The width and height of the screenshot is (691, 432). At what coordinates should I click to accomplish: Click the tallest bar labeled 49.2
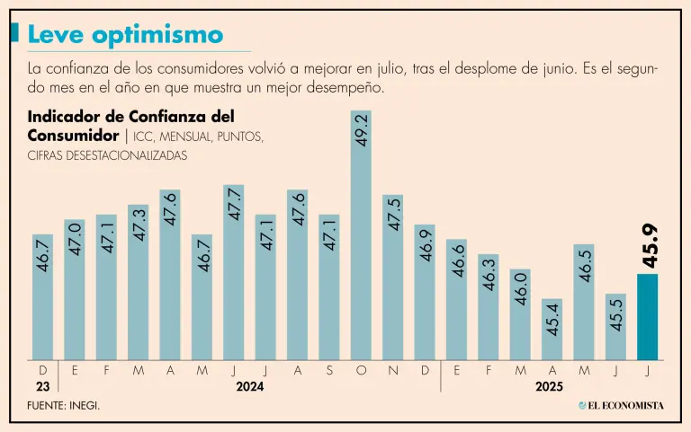[361, 242]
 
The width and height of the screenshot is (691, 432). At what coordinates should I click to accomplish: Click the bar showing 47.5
[392, 278]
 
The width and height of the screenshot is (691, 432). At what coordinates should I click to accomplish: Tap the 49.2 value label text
[362, 130]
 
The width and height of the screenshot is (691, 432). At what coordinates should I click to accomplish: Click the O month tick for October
[361, 369]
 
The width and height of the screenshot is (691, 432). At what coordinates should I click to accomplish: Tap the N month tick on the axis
[392, 369]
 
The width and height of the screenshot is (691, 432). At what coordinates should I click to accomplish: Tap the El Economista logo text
[627, 406]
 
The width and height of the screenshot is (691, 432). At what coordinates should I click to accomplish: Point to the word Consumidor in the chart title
[72, 136]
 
